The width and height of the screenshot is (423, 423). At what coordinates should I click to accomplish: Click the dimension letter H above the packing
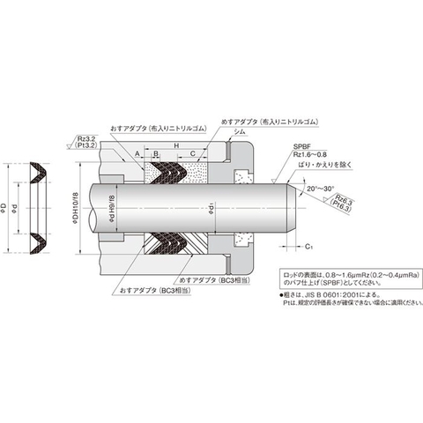point(177,145)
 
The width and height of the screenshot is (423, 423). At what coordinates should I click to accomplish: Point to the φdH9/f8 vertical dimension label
point(109,209)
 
